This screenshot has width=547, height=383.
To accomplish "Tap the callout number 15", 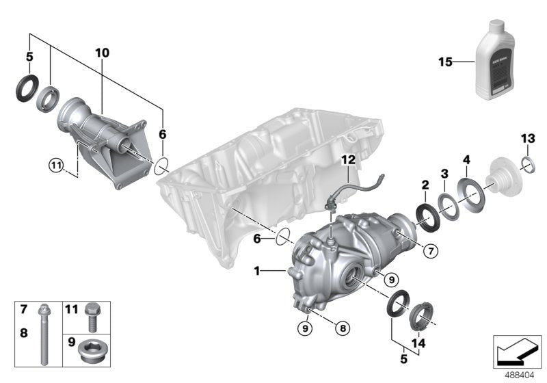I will point(446,63).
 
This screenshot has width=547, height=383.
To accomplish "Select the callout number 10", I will point(102,53).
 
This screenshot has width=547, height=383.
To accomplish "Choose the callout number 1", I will point(258,272).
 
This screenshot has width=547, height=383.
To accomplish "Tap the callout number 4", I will point(466,161).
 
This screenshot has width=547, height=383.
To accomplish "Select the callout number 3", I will point(444,174).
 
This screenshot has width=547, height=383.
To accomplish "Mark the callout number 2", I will point(425,185).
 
